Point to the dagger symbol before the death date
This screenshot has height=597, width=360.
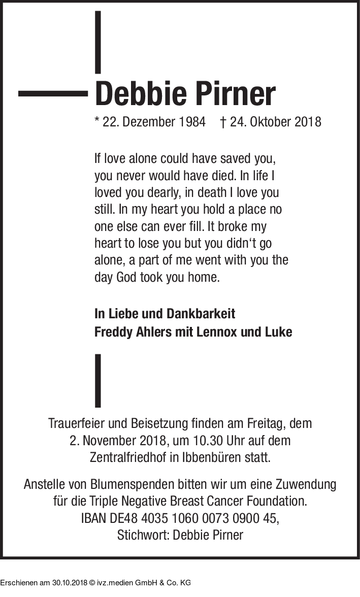223,122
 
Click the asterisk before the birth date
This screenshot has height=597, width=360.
97,121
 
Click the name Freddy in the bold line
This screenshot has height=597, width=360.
113,333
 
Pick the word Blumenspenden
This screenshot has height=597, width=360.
124,484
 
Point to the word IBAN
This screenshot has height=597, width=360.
93,518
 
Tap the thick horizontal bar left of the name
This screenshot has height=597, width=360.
53,93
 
